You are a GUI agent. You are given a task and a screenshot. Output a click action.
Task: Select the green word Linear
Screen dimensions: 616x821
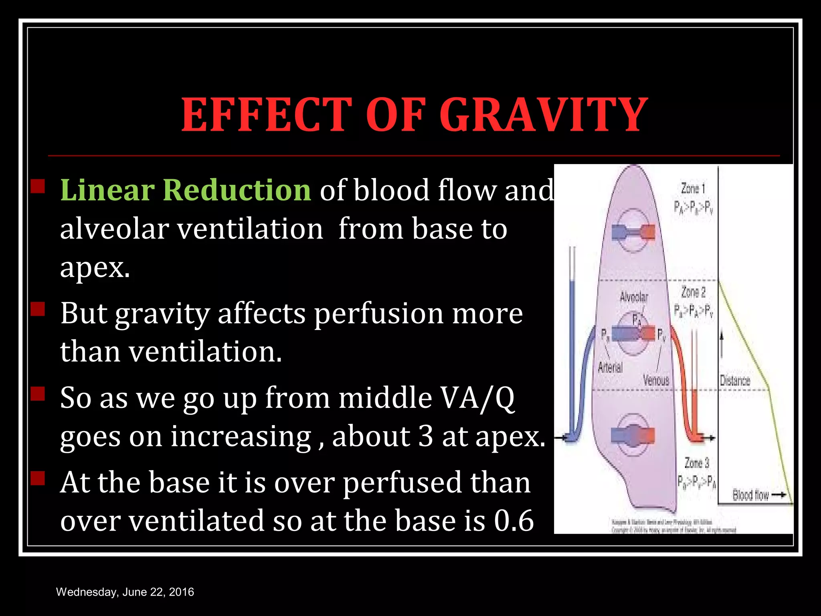pyautogui.click(x=107, y=190)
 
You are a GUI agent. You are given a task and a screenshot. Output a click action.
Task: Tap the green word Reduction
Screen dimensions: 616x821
pyautogui.click(x=237, y=190)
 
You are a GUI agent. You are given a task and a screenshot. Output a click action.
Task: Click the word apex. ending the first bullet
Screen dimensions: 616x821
pyautogui.click(x=95, y=267)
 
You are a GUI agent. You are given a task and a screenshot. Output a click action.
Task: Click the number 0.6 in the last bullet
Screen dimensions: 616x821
pyautogui.click(x=514, y=521)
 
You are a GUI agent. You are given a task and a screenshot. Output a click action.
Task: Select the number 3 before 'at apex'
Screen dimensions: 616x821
pyautogui.click(x=425, y=436)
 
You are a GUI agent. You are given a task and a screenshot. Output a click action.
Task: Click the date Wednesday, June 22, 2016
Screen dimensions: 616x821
pyautogui.click(x=125, y=592)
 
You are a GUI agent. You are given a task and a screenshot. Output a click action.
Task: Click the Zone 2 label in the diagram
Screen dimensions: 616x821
pyautogui.click(x=693, y=292)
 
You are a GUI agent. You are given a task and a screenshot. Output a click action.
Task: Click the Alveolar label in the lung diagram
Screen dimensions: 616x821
pyautogui.click(x=634, y=297)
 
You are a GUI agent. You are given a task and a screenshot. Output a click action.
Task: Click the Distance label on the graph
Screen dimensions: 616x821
pyautogui.click(x=735, y=381)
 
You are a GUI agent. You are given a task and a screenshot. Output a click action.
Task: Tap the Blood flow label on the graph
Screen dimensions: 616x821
pyautogui.click(x=750, y=495)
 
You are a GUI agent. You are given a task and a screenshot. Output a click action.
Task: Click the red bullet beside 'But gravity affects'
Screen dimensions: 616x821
pyautogui.click(x=38, y=309)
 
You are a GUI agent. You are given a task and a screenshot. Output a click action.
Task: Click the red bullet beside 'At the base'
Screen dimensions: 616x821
pyautogui.click(x=38, y=478)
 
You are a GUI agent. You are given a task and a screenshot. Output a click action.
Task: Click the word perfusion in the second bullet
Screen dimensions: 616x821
pyautogui.click(x=378, y=314)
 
